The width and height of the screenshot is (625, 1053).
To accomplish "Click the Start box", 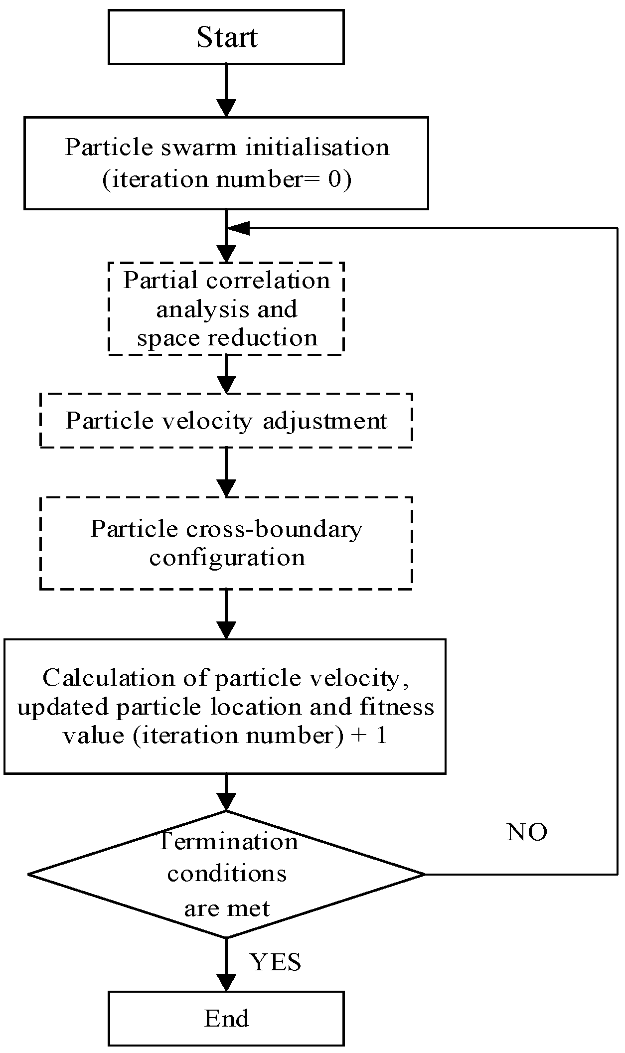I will point(226,37).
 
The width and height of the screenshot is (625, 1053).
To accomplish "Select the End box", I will point(226,1018).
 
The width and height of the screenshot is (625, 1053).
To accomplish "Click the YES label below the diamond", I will point(275,962).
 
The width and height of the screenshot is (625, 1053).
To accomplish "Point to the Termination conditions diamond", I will point(227,874).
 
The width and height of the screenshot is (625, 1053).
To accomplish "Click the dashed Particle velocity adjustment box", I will point(226,421).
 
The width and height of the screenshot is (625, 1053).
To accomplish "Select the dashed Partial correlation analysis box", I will point(226,309).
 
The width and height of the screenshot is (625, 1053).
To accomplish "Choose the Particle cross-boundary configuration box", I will point(226,543).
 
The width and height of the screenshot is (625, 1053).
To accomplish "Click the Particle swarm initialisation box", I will point(226,163).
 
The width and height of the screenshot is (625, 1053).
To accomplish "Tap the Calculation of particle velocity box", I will point(224,707).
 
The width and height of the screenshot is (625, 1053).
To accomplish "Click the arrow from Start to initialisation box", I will point(226,91).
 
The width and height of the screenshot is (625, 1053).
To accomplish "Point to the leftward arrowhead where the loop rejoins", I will point(238,228).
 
